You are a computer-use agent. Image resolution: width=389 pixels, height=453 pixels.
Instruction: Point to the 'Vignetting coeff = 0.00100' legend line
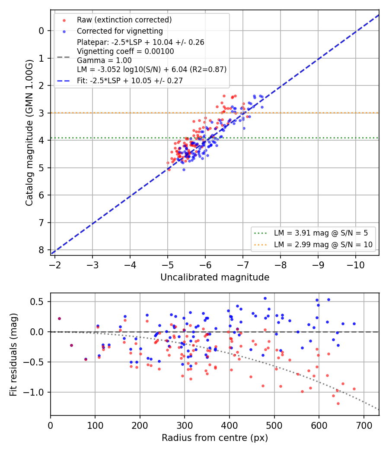pos(125,51)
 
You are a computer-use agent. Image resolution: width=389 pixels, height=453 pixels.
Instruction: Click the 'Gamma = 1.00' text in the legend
pos(104,60)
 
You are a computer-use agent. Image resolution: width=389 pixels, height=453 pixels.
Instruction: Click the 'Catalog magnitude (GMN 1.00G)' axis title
pos(29,132)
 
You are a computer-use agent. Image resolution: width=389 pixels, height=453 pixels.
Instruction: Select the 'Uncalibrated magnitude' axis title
pos(215,277)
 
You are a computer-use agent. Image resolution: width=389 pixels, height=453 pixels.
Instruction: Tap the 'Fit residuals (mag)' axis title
pos(13,355)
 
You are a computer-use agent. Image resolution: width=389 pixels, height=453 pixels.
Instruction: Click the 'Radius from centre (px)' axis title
pos(215,438)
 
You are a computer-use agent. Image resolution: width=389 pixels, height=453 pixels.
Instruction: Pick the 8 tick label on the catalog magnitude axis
pos(41,250)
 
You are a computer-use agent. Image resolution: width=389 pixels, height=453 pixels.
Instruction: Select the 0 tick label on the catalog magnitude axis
pos(41,31)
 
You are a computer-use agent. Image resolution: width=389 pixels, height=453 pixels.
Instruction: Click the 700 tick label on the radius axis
pos(364,425)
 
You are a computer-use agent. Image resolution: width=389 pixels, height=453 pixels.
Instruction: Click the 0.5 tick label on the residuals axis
pos(37,302)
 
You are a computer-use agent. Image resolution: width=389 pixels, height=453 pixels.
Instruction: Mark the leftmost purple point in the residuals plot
pos(59,319)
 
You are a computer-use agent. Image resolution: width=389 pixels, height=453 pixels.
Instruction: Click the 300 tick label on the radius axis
pos(185,425)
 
